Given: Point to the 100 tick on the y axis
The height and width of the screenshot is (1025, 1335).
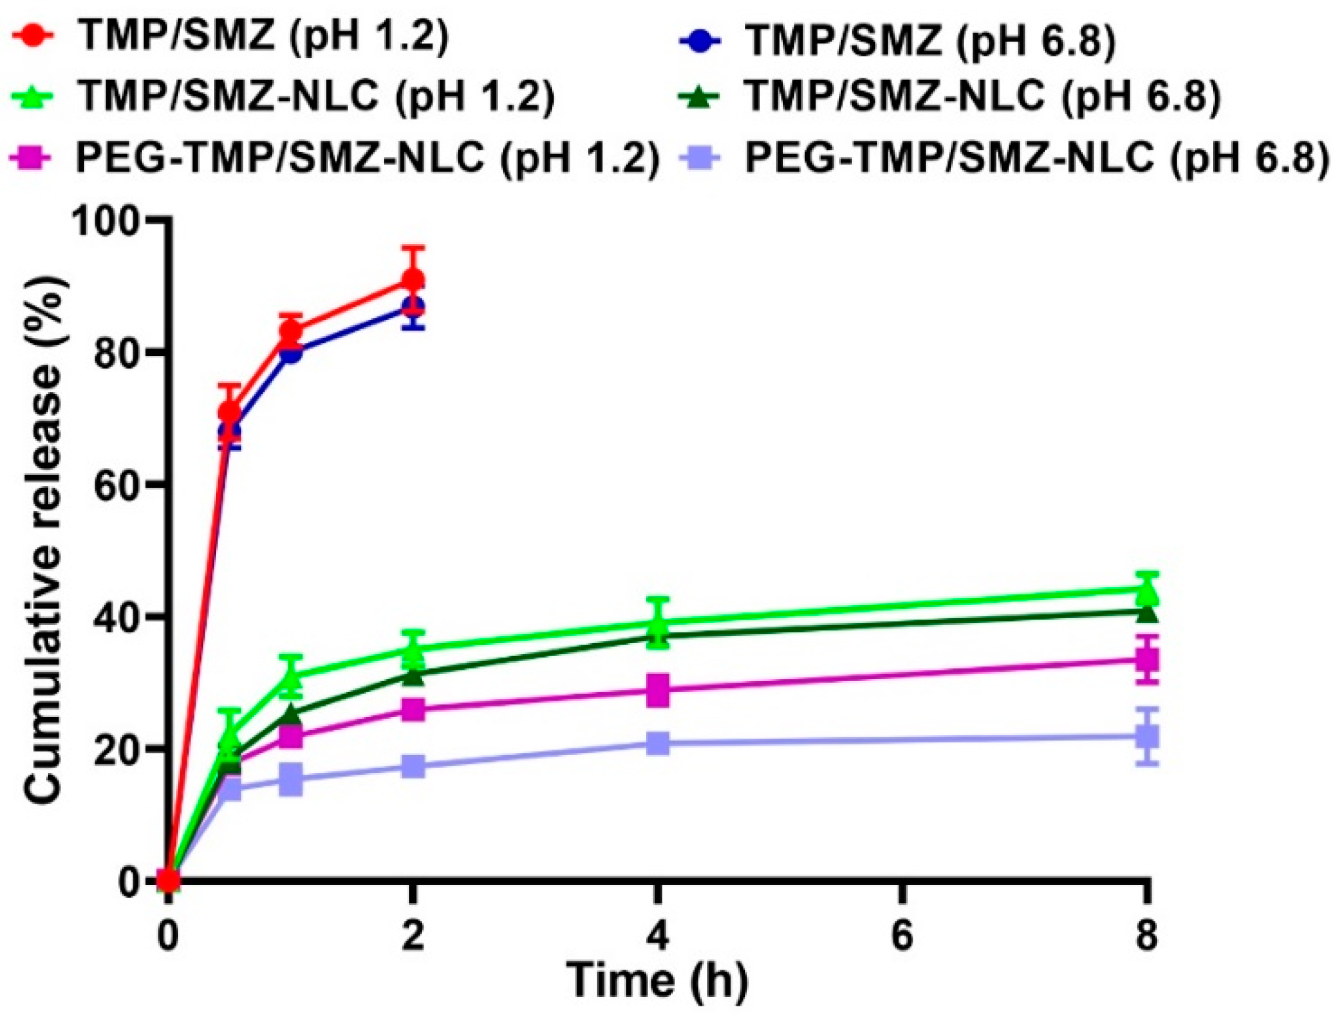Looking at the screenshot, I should [113, 220].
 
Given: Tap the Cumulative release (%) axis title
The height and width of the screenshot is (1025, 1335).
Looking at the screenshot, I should [44, 540].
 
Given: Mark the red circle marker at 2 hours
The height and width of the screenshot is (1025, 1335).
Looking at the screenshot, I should [413, 280].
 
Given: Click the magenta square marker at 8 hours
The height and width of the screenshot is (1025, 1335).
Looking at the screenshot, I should [1146, 660].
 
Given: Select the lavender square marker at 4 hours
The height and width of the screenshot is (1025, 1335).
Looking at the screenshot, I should [658, 742].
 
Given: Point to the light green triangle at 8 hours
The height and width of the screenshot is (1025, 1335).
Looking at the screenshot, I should [1146, 590].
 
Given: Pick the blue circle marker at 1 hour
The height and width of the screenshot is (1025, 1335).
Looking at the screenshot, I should [291, 352].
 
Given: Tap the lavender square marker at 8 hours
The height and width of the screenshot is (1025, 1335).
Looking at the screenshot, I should [1146, 737].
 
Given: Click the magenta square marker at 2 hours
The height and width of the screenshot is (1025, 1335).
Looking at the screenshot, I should [413, 710].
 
